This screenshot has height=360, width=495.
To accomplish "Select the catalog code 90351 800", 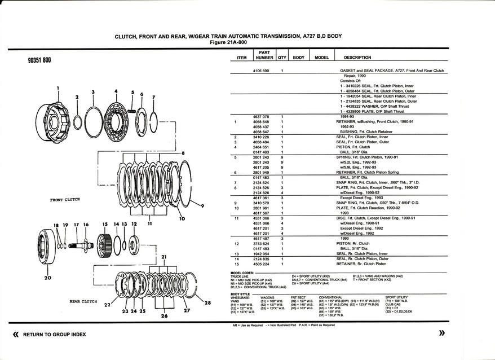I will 39,60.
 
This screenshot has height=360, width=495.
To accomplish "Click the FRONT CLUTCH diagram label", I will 65,199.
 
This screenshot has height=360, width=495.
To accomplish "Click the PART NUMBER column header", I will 264,55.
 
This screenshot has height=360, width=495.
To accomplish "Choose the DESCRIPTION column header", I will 357,58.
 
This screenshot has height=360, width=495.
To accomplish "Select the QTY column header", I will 282,58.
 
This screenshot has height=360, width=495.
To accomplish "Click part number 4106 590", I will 262,71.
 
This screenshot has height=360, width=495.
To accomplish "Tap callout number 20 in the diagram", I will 47,278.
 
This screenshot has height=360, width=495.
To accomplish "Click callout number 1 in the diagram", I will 58,88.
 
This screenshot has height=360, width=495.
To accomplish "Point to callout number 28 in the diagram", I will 207,303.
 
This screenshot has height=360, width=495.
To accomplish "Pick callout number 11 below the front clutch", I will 149,223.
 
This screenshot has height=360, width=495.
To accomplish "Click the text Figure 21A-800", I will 228,42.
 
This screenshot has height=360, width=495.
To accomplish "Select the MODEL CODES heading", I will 242,273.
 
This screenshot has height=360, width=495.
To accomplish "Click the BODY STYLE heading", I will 240,293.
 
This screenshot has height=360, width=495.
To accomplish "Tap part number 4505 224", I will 262,264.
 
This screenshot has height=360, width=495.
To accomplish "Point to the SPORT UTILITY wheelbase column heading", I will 396,297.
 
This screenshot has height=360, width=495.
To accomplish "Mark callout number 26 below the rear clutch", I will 163,315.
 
